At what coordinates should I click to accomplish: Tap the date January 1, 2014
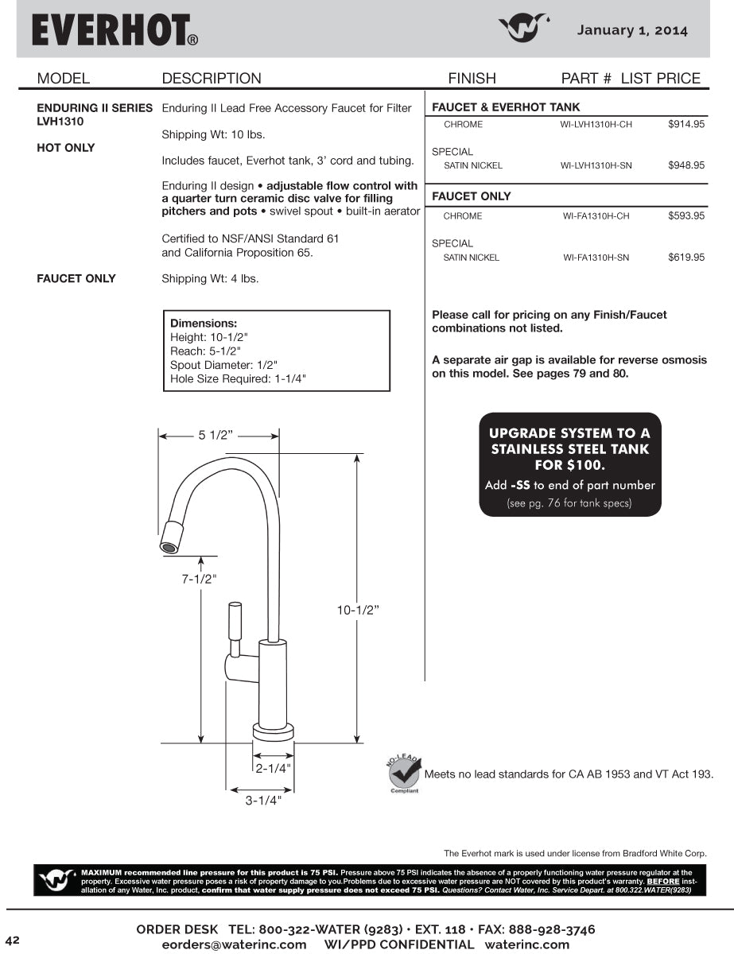[632, 30]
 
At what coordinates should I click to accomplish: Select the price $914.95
[686, 125]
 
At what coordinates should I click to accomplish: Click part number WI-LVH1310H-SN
[596, 166]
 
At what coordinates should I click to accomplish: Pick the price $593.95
[686, 216]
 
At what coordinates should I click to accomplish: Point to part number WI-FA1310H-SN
[596, 258]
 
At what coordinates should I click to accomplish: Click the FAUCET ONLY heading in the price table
[472, 196]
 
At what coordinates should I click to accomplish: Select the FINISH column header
[472, 78]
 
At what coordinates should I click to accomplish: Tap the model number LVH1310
[60, 122]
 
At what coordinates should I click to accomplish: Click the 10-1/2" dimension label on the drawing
[357, 610]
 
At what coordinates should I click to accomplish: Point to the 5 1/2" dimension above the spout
[215, 435]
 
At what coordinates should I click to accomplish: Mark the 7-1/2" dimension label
[199, 579]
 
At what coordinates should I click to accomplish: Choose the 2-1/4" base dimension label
[273, 768]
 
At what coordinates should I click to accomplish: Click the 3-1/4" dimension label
[263, 801]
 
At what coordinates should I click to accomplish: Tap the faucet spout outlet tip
[168, 547]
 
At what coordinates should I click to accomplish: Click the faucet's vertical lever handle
[235, 621]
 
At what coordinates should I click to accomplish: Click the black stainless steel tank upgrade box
[569, 464]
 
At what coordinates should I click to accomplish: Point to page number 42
[12, 940]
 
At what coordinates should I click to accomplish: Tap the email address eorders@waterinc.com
[234, 944]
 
